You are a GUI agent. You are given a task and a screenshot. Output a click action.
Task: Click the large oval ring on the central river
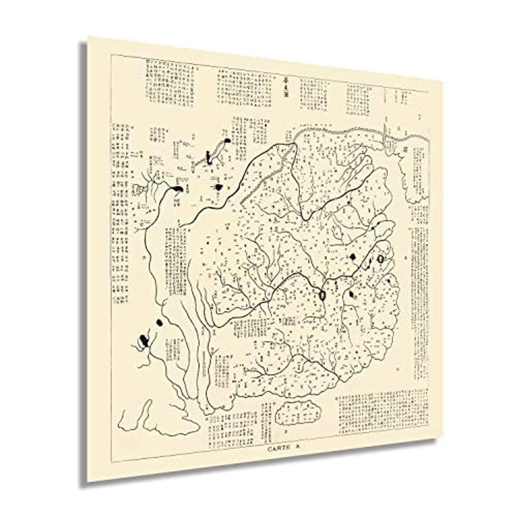tap(322, 295)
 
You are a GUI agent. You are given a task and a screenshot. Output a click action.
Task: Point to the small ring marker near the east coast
tap(381, 259)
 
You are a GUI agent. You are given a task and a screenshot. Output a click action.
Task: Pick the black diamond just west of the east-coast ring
tap(352, 257)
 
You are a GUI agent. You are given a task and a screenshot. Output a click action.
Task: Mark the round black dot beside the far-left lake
tap(159, 323)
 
